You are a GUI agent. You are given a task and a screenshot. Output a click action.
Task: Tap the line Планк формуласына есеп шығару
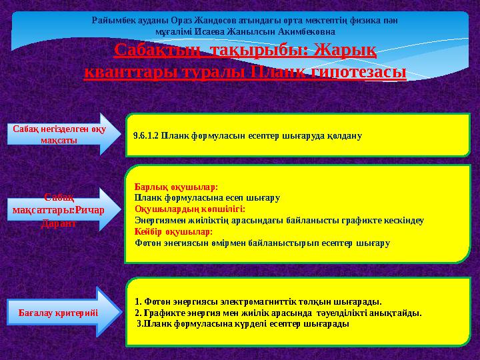[207, 198]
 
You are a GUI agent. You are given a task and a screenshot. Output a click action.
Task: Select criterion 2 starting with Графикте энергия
[277, 312]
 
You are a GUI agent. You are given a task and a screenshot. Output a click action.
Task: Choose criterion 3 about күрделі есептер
[243, 323]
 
